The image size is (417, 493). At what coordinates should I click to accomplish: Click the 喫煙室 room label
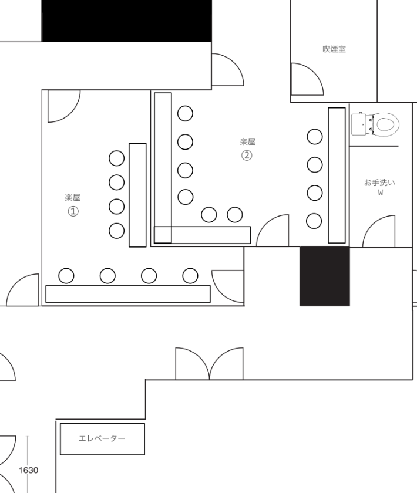pos(334,49)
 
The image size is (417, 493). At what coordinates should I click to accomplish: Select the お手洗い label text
pos(379,183)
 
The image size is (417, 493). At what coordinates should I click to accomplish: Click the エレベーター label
pos(102,438)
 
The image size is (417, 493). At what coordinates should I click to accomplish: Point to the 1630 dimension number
pos(28,470)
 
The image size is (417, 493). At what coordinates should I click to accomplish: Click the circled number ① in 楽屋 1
pos(73,211)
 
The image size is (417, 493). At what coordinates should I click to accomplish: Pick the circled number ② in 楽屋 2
pos(247,156)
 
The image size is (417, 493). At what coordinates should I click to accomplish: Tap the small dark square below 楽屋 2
pos(324,276)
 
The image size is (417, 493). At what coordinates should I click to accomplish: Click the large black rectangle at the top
pos(126,21)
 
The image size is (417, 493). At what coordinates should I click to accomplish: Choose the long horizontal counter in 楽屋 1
pos(128,294)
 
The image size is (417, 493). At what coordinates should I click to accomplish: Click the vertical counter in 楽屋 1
pos(137,195)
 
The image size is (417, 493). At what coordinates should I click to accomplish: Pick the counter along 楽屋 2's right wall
pos(337,175)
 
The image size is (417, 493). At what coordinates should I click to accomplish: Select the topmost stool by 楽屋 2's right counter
pos(315,137)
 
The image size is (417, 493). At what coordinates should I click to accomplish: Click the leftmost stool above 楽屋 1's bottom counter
pos(66,276)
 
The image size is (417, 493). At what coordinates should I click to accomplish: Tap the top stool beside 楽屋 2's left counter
pos(186,113)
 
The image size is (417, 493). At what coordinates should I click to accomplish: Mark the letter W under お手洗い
pos(381,193)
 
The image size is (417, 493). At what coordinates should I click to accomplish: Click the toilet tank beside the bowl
pos(359,124)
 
